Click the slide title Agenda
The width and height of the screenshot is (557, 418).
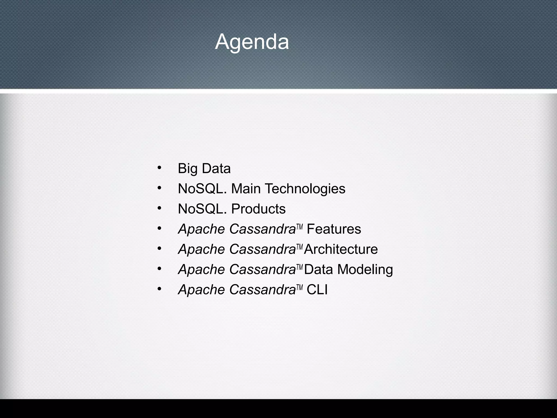(252, 42)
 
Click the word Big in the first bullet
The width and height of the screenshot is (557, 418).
(187, 169)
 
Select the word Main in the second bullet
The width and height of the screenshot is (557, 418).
(246, 189)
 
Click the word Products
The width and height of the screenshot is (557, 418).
(258, 209)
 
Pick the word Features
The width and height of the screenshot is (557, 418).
(334, 229)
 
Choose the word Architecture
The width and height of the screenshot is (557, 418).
(341, 249)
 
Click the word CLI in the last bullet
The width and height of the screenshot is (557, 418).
(317, 290)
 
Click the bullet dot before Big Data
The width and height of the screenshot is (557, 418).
(159, 167)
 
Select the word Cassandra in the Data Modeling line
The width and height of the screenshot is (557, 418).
(262, 269)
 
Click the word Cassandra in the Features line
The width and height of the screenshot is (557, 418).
(262, 229)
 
